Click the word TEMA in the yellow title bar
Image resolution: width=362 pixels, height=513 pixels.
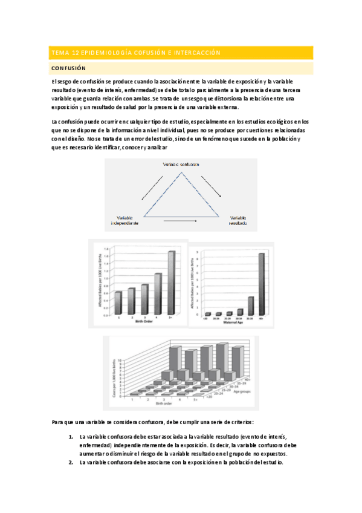point(60,53)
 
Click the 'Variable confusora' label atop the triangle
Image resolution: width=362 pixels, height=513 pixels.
point(181,165)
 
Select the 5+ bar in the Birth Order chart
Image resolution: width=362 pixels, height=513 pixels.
point(172,283)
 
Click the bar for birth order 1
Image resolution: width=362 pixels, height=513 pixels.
point(118,303)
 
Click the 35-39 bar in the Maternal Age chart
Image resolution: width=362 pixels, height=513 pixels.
point(250,306)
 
